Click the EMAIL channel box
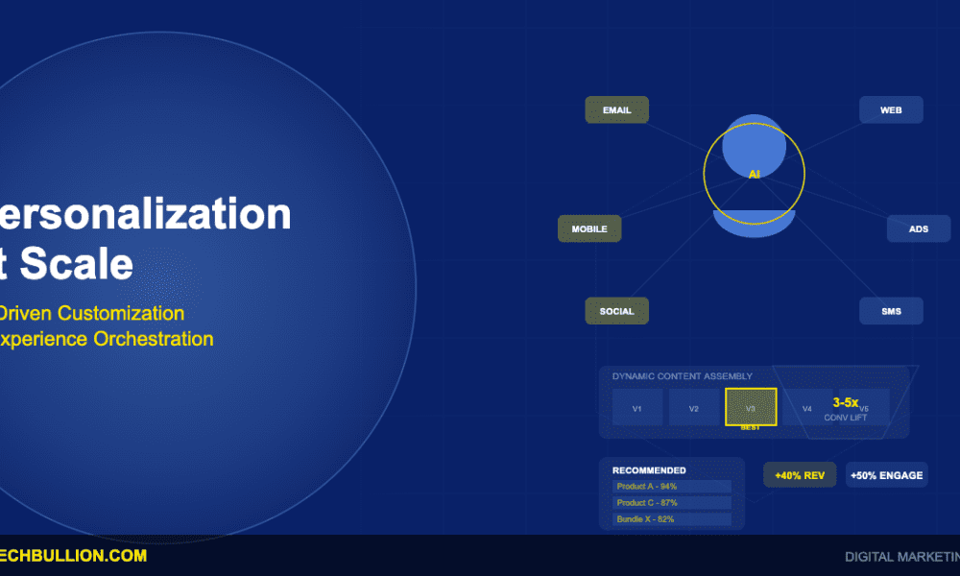(616, 110)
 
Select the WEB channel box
(891, 110)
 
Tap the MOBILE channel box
(589, 229)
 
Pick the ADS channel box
(918, 229)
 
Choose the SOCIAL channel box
(616, 311)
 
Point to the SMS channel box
(891, 311)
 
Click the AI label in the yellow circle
(755, 174)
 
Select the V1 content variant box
(637, 408)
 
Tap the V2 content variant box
(693, 408)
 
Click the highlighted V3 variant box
(751, 407)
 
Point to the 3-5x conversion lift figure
(845, 403)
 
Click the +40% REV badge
(800, 475)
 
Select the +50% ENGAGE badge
(886, 475)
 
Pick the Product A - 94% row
(671, 487)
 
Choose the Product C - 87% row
(671, 503)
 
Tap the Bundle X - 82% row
(671, 519)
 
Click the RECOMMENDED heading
(649, 470)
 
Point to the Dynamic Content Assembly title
(682, 376)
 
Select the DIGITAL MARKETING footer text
(900, 557)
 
